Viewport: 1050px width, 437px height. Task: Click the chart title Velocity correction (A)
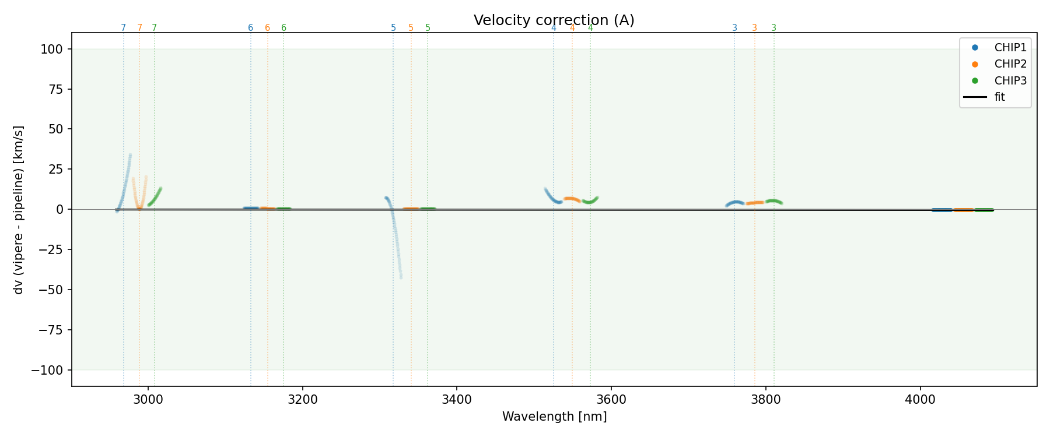(x=554, y=20)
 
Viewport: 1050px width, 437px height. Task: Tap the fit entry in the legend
(x=999, y=97)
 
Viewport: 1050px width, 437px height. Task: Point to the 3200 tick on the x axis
(x=302, y=399)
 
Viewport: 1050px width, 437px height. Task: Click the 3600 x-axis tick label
(x=611, y=399)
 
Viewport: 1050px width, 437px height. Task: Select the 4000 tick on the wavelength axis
(x=920, y=399)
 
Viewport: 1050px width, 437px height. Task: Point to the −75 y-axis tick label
(x=51, y=330)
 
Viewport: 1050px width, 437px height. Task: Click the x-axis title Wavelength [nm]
(x=554, y=417)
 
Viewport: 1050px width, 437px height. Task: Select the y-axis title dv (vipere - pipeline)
(x=19, y=210)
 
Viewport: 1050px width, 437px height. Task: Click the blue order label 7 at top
(x=123, y=28)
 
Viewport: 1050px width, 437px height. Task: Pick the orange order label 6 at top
(x=267, y=28)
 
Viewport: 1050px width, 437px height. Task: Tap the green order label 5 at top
(x=428, y=28)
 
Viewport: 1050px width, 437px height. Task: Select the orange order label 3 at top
(x=754, y=28)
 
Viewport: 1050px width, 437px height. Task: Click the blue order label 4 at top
(x=554, y=28)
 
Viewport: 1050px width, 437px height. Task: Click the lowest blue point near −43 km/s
(x=401, y=277)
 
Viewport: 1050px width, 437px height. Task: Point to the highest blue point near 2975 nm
(x=130, y=155)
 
